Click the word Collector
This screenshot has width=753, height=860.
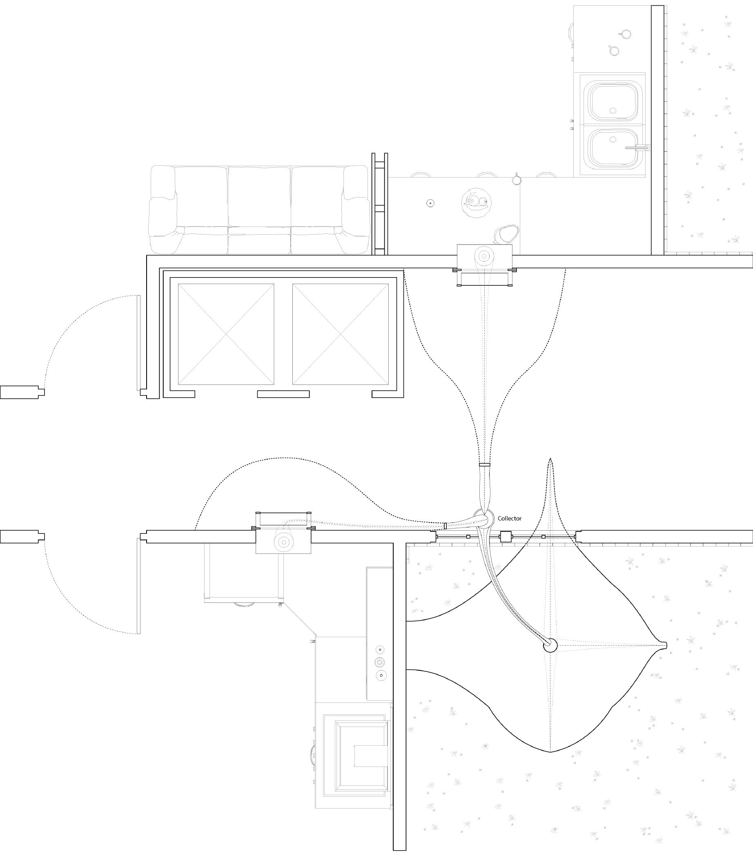tap(509, 519)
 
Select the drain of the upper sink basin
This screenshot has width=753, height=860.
tap(613, 111)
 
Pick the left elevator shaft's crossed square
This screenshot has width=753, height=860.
tap(226, 334)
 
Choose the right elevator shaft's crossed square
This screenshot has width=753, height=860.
tap(341, 334)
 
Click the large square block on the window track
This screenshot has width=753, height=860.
tap(506, 537)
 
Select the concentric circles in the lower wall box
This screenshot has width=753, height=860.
tap(284, 542)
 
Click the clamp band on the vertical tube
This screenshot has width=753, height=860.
tap(484, 465)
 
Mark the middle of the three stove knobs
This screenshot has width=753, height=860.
tap(380, 662)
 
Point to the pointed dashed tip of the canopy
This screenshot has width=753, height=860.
tap(550, 460)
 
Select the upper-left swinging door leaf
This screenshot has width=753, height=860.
tap(138, 343)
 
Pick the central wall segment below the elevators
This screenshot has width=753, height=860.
tap(283, 394)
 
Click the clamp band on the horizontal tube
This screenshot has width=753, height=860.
tap(445, 526)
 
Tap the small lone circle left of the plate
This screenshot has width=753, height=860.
tap(430, 203)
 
